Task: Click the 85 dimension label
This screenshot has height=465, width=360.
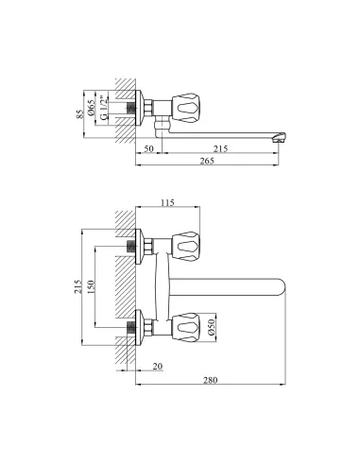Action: click(80, 113)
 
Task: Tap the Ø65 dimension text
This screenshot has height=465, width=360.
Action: click(91, 108)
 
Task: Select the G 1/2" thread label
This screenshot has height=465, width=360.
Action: click(103, 108)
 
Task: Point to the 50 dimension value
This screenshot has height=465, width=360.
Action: click(148, 148)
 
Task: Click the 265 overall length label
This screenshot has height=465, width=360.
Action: click(207, 161)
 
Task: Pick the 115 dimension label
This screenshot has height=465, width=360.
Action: click(167, 202)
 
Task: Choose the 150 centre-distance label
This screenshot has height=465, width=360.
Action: click(91, 287)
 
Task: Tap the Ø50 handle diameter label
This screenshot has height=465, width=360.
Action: click(211, 327)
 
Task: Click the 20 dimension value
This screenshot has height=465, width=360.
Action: click(158, 367)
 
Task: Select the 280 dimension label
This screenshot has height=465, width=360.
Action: click(210, 380)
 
